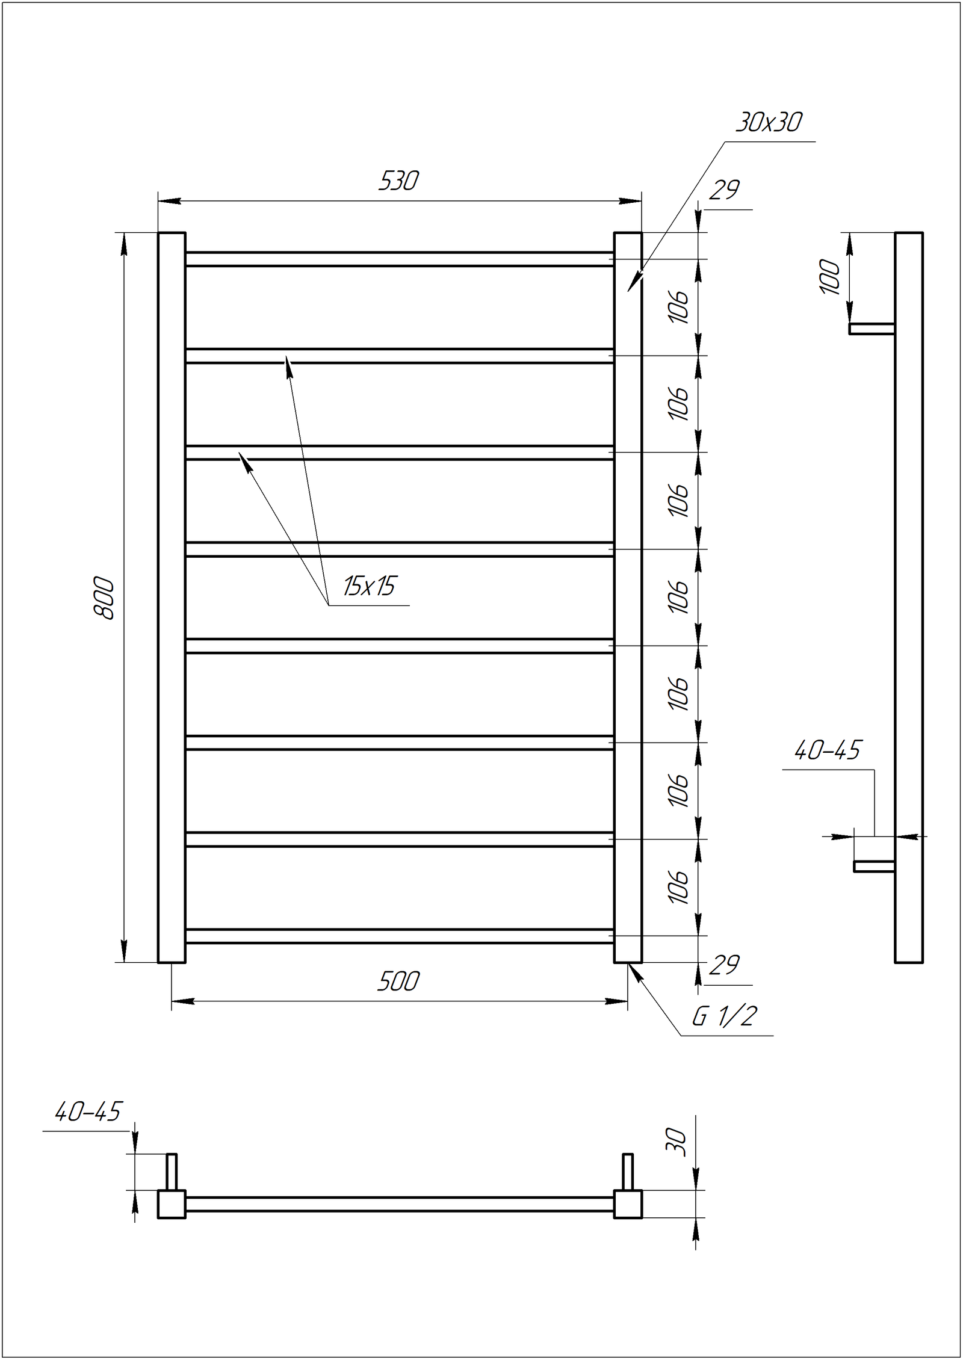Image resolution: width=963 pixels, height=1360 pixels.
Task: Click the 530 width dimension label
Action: coord(398,181)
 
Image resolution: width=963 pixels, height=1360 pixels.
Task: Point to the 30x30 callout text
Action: coord(769,122)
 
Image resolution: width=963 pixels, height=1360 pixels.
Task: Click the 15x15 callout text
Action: coord(370,586)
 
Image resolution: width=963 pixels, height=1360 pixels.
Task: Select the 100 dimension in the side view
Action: coord(829,277)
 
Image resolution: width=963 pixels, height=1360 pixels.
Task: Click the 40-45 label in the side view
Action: coord(828,750)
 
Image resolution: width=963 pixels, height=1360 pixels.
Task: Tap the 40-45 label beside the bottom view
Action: coord(88,1111)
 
